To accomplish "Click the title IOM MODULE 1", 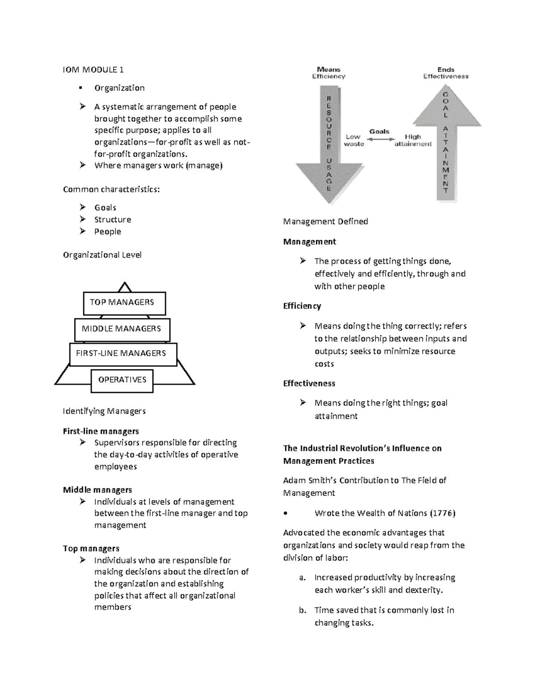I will pyautogui.click(x=93, y=70).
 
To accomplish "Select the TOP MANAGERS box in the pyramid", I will pyautogui.click(x=124, y=303).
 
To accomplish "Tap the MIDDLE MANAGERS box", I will pyautogui.click(x=122, y=329).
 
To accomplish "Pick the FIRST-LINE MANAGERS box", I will pyautogui.click(x=123, y=354).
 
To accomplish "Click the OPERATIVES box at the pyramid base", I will pyautogui.click(x=122, y=380).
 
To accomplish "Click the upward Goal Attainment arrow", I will pyautogui.click(x=446, y=143).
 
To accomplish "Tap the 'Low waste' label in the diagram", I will pyautogui.click(x=354, y=140).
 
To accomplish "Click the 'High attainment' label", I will pyautogui.click(x=413, y=140).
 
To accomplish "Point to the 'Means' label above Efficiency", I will pyautogui.click(x=329, y=69).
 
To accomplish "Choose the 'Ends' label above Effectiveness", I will pyautogui.click(x=446, y=69).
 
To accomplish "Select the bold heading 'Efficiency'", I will pyautogui.click(x=302, y=306).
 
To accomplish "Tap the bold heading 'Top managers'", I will pyautogui.click(x=91, y=548).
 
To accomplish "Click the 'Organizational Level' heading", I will pyautogui.click(x=102, y=255).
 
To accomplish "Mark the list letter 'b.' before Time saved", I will pyautogui.click(x=302, y=610).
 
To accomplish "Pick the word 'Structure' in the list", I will pyautogui.click(x=112, y=220).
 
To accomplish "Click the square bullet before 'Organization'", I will pyautogui.click(x=81, y=88).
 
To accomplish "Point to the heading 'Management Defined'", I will pyautogui.click(x=325, y=221).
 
